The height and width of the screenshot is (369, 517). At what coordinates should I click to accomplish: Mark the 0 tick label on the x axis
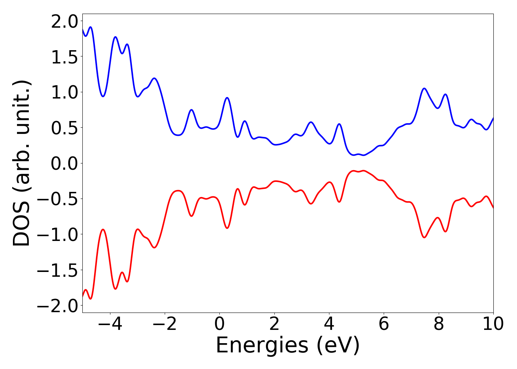[219, 324]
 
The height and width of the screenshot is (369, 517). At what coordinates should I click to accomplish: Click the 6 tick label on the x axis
[384, 324]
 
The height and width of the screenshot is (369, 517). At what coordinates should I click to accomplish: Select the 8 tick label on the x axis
[439, 324]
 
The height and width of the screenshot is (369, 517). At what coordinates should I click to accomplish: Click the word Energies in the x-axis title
[261, 346]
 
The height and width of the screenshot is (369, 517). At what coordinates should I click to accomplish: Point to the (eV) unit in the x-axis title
[338, 346]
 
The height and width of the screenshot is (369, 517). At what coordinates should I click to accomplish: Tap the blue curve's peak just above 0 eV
[227, 98]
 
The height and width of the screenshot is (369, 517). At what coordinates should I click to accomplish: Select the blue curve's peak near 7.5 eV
[424, 89]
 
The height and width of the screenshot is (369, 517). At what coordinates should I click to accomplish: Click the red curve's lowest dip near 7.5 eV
[424, 237]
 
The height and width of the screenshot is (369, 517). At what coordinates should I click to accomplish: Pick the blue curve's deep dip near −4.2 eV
[103, 96]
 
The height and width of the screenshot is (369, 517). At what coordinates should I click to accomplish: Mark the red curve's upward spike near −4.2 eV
[103, 230]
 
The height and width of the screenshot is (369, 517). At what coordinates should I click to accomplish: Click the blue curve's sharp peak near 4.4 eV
[339, 124]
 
